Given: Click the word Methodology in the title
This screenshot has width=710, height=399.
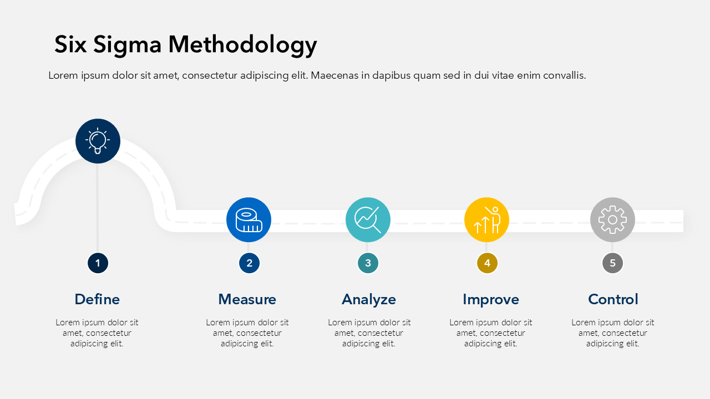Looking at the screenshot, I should tap(242, 45).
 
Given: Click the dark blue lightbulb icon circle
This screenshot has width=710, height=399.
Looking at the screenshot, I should tap(98, 141).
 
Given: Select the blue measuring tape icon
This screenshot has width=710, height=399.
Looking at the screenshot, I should tap(248, 219).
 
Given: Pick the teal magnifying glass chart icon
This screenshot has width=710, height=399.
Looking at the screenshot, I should tap(368, 219).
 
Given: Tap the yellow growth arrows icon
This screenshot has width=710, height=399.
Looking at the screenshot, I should tap(486, 219).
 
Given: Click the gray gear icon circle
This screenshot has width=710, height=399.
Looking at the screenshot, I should tap(612, 219).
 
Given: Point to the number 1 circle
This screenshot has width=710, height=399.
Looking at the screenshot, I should tap(98, 263).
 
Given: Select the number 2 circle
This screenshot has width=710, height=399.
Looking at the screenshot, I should tap(249, 263).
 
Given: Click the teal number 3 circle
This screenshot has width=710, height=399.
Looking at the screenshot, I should tap(368, 263).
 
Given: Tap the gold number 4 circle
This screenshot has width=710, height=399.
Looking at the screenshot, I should tap(487, 263).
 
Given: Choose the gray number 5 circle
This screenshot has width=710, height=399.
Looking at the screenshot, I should tap(612, 263).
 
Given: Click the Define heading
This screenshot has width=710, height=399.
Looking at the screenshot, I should tap(97, 299).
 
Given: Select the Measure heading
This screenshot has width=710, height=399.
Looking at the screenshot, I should tap(247, 299).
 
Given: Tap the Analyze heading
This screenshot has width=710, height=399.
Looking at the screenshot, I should tap(369, 299).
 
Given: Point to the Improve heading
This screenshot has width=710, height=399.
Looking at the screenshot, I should tap(491, 299).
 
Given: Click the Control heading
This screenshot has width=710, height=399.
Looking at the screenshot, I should tap(613, 299).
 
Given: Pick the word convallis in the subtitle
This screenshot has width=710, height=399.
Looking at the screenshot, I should tap(564, 75).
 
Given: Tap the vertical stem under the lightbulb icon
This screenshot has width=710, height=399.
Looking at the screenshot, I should tap(98, 208).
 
